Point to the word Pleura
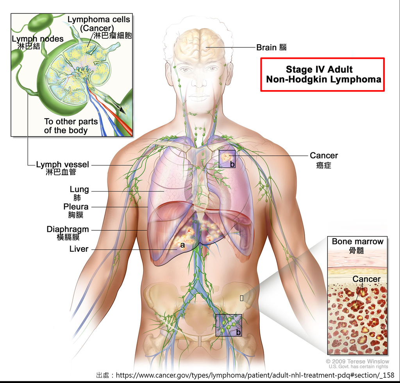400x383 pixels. [x=76, y=207]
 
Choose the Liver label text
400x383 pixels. [x=79, y=249]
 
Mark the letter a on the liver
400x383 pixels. [x=182, y=245]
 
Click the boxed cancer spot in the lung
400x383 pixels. [x=227, y=159]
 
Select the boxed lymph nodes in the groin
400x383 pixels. [x=229, y=325]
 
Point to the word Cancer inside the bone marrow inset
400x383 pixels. [x=366, y=279]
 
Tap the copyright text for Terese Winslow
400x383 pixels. [x=357, y=361]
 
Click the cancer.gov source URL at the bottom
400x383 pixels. [x=255, y=375]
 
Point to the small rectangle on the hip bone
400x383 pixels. [x=241, y=298]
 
